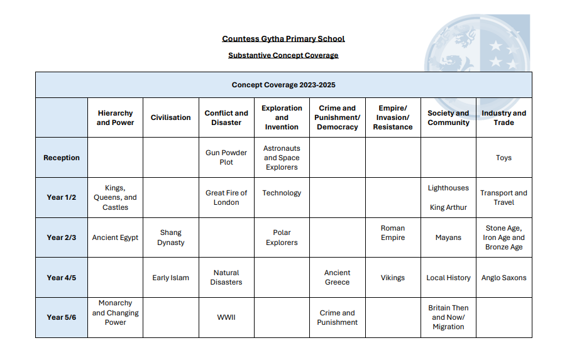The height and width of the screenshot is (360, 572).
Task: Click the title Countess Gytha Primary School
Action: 283,39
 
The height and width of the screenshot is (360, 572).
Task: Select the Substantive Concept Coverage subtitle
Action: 283,55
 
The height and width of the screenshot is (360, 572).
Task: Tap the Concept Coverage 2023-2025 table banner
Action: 283,85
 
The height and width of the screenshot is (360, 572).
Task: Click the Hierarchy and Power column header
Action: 115,117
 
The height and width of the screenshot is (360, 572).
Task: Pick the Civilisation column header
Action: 170,117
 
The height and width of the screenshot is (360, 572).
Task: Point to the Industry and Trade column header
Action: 503,117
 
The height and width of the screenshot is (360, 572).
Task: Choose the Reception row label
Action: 62,158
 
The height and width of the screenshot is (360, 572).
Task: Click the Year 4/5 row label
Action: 62,277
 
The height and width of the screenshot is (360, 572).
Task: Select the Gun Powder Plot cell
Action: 226,157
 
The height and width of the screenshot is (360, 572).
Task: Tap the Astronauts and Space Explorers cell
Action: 282,158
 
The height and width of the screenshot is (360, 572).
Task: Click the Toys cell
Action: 503,158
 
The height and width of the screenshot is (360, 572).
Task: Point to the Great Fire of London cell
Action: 226,197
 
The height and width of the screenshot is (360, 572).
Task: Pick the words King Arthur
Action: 448,207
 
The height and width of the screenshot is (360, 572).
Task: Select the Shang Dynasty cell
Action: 170,237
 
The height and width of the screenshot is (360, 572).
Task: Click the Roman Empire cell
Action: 393,233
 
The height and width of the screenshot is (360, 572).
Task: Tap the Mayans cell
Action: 448,237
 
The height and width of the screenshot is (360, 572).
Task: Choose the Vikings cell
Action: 393,277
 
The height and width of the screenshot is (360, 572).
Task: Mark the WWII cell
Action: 226,317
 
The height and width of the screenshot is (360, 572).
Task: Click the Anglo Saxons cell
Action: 503,277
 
